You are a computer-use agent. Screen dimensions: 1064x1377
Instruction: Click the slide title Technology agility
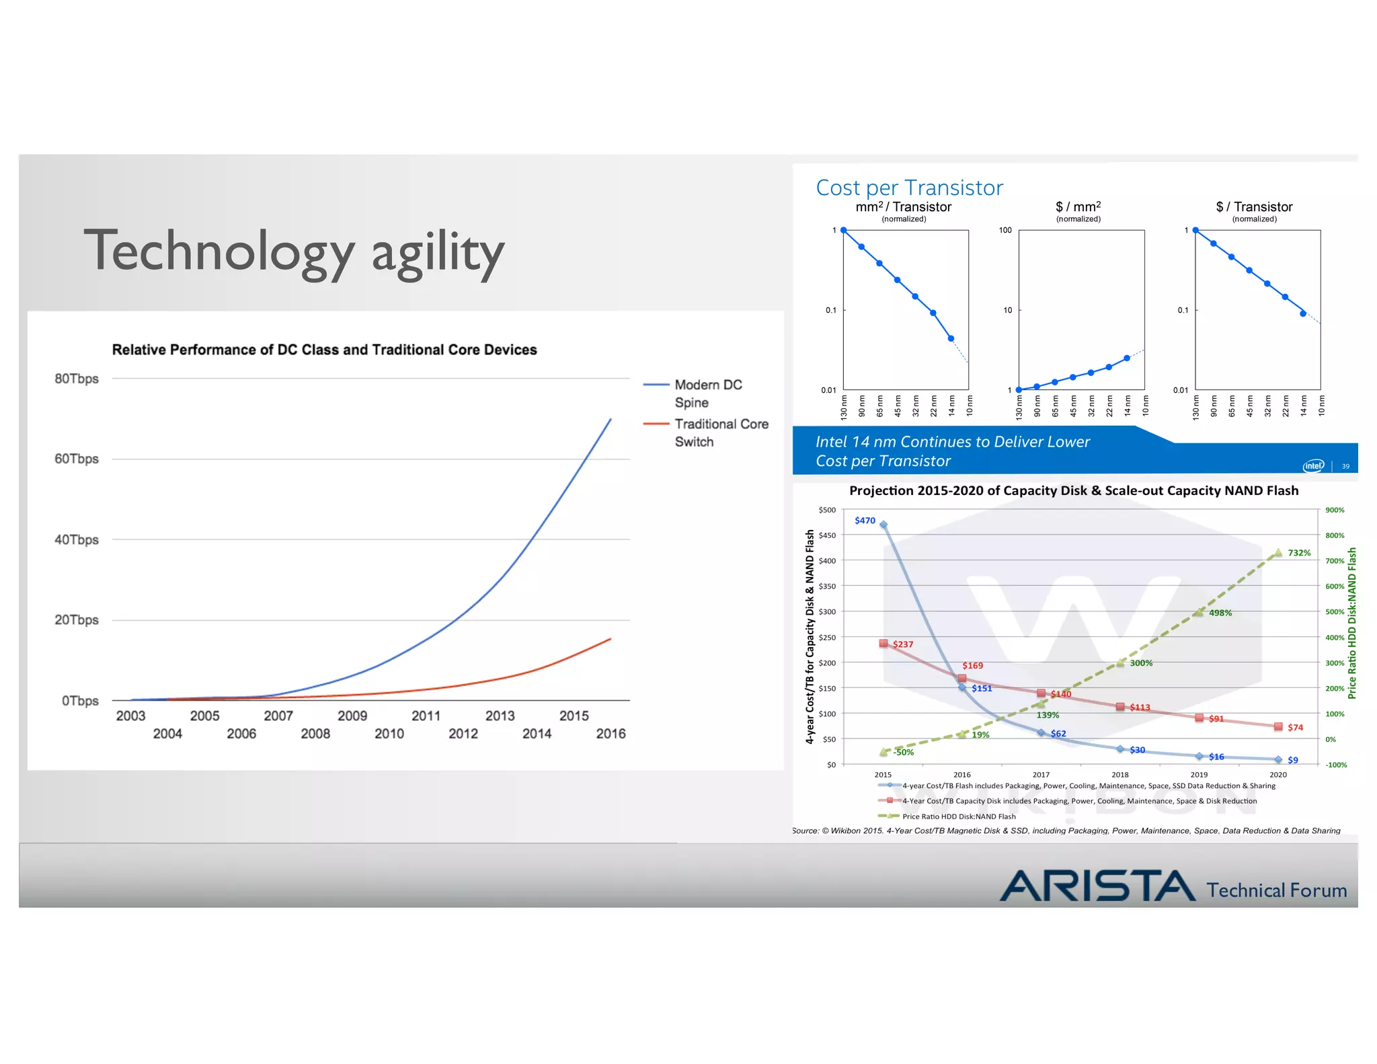[294, 252]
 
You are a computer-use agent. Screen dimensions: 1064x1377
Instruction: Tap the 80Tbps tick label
[76, 379]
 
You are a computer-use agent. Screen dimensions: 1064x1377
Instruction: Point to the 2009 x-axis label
[352, 716]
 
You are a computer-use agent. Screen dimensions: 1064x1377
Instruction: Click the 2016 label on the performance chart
[611, 734]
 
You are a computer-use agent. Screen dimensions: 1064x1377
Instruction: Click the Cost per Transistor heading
[909, 188]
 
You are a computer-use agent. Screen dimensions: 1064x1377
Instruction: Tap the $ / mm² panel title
[1078, 207]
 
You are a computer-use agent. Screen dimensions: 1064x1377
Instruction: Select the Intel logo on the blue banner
[1313, 465]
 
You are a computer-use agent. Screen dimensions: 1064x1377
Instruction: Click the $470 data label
[865, 521]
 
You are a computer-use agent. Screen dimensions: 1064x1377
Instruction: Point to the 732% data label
[1299, 553]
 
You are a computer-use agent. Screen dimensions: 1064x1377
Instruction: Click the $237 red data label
[903, 644]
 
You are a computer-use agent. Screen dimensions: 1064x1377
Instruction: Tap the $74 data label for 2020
[1295, 727]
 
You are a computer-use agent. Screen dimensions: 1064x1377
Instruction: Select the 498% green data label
[1220, 613]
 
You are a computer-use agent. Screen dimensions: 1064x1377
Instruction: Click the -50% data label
[903, 752]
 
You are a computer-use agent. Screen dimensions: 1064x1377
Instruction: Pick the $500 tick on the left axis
[827, 510]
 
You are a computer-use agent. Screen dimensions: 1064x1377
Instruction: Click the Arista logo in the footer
[1097, 886]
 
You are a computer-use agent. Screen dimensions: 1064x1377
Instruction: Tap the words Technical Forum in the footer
[1276, 890]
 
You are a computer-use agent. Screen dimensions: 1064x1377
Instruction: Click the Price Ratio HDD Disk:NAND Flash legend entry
[958, 816]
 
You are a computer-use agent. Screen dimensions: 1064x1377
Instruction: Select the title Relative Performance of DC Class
[324, 350]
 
